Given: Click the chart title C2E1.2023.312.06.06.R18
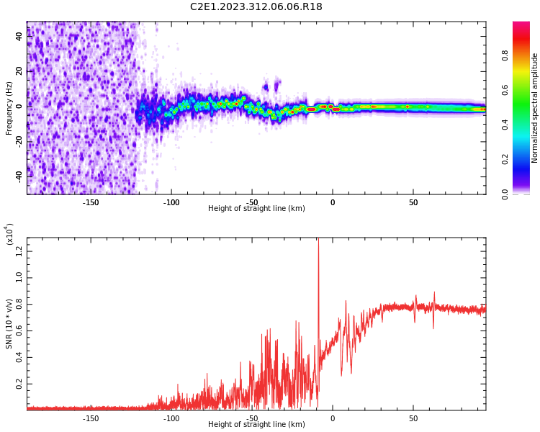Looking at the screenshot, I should coord(256,7).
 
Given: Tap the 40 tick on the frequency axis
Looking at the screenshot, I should coord(20,36).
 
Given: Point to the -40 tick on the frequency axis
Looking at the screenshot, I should coord(20,175).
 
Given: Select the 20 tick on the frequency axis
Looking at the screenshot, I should coord(20,71).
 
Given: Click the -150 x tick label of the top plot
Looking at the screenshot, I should coord(91,202).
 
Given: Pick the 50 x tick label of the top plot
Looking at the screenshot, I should coord(413,202).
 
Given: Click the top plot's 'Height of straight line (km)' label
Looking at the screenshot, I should coord(256,209).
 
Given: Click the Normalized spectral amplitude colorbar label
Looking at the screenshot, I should coord(535,108).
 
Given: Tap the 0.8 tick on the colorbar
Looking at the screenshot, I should coord(505,55).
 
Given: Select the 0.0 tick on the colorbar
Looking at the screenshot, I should coord(505,194).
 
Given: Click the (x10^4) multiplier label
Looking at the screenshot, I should coord(9,235).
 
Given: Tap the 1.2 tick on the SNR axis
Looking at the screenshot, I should coord(20,250).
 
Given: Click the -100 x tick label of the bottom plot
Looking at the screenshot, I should coord(171,418).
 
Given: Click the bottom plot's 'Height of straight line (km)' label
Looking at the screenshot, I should coord(256,425).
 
